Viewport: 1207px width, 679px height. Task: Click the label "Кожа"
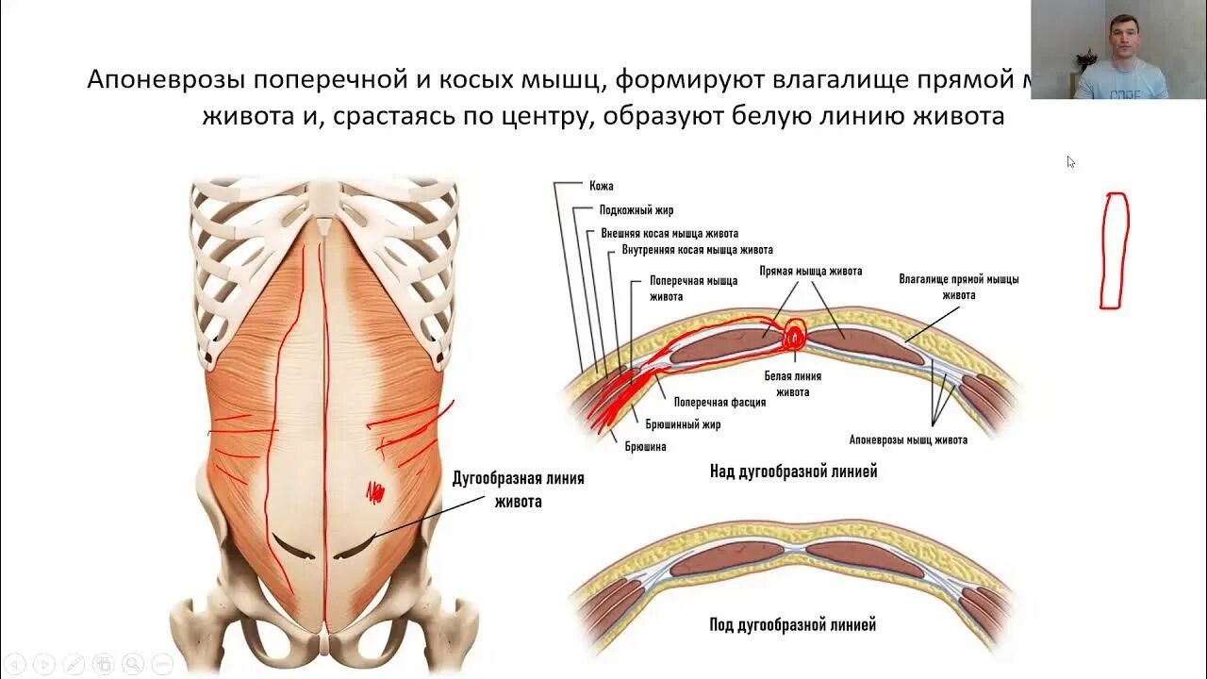click(602, 186)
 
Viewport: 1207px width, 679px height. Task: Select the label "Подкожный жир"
click(636, 210)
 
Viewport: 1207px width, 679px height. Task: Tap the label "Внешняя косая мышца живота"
click(670, 233)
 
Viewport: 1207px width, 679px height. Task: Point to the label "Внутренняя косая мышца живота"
click(697, 250)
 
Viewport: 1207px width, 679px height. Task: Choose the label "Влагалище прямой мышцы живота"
click(958, 287)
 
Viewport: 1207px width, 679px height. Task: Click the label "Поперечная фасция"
click(719, 402)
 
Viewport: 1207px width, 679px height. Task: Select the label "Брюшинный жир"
click(683, 424)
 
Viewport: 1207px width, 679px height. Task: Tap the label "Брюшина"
click(645, 447)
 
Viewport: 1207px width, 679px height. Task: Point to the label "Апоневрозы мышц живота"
click(908, 439)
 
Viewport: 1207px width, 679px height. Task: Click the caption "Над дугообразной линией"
click(793, 472)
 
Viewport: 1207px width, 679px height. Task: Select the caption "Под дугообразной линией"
click(793, 624)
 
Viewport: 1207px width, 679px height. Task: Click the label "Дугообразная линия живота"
click(519, 489)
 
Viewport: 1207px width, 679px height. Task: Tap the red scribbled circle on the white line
click(794, 334)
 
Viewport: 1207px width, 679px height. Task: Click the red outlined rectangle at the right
click(1114, 251)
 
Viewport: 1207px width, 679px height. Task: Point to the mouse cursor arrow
click(1070, 161)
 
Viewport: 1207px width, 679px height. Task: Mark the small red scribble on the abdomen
click(375, 490)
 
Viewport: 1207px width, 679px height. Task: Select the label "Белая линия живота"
click(793, 384)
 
